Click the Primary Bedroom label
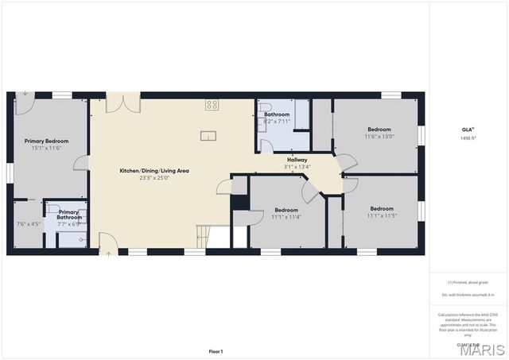tap(47, 141)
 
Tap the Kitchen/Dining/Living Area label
tap(154, 171)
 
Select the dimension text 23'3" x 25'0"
tap(154, 178)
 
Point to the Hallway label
tap(297, 160)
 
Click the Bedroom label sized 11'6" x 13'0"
tap(379, 130)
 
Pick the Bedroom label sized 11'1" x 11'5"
tap(380, 209)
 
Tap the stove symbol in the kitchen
tap(212, 104)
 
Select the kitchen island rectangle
tap(208, 135)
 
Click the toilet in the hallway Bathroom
tap(265, 109)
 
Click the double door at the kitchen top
tap(123, 103)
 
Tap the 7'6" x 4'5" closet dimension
tap(28, 224)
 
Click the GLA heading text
tap(468, 130)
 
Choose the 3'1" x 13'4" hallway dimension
tap(297, 167)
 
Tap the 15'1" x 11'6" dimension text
tap(47, 148)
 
